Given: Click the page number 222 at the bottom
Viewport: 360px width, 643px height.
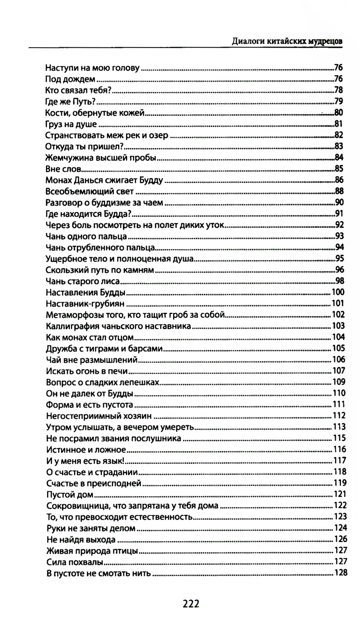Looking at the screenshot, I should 191,604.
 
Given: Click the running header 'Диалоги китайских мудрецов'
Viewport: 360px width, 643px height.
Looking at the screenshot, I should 287,41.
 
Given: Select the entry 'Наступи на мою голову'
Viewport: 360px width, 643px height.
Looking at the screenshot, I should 92,68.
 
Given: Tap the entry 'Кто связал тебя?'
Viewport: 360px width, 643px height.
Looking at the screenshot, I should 78,90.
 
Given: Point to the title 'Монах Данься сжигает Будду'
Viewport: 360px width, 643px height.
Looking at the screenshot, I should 104,180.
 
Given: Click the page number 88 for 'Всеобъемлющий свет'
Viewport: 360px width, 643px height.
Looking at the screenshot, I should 339,191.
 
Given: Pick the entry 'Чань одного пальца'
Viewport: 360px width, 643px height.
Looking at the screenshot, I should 86,236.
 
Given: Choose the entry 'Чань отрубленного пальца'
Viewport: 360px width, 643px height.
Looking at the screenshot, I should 100,247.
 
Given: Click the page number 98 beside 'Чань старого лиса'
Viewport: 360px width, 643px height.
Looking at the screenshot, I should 339,281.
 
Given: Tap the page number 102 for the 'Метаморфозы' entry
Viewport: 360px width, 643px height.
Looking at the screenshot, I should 338,315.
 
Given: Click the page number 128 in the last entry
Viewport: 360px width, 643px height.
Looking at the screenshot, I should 341,573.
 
